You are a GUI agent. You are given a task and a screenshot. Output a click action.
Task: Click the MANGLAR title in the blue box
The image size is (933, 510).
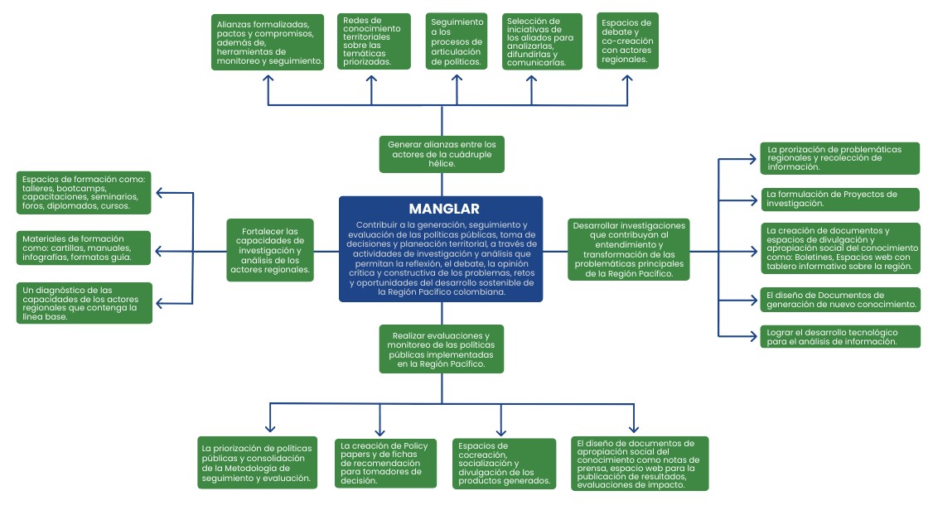(x=443, y=209)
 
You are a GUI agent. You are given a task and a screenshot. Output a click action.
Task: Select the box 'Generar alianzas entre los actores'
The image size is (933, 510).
(x=442, y=154)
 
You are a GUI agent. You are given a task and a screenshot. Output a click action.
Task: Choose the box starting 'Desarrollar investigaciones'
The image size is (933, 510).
(x=629, y=250)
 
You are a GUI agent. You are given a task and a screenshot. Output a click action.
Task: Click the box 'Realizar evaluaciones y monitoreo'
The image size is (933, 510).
(x=442, y=349)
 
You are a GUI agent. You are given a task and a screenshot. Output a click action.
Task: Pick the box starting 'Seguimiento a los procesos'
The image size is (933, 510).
(x=457, y=41)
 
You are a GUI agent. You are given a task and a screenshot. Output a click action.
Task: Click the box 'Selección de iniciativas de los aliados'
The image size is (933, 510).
(x=539, y=41)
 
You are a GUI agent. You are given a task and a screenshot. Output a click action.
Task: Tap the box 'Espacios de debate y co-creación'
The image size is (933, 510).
(x=627, y=41)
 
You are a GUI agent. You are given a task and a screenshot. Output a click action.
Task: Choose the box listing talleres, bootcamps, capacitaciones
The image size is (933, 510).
(x=85, y=193)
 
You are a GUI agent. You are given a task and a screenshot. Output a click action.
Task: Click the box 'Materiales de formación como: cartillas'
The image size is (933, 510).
(x=85, y=248)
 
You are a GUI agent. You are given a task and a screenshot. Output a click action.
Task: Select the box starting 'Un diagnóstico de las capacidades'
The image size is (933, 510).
(x=85, y=302)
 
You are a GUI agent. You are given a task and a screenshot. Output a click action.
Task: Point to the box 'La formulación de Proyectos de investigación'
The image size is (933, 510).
(x=839, y=200)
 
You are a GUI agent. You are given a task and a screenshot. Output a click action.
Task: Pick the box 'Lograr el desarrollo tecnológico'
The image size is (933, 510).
(x=839, y=337)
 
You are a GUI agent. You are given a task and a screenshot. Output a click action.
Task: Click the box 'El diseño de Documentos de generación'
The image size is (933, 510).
(x=839, y=300)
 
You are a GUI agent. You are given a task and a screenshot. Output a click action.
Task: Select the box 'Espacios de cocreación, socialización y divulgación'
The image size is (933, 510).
(x=504, y=463)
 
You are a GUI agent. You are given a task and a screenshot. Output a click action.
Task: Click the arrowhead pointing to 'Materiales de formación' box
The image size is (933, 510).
(x=159, y=251)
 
